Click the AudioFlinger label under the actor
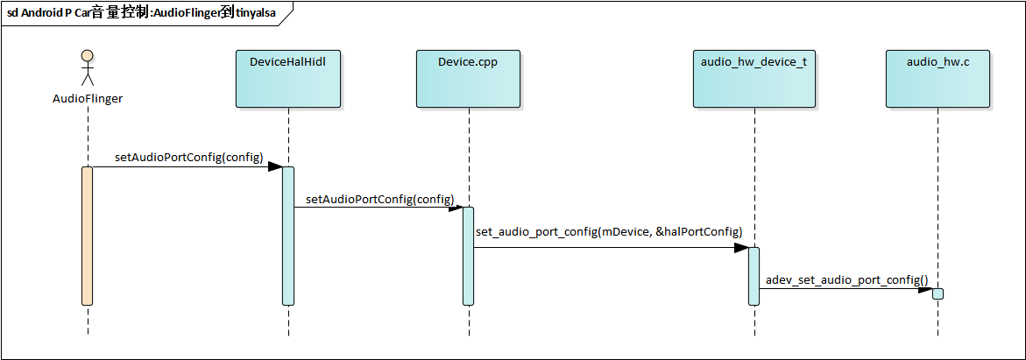point(87,99)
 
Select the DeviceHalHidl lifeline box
point(287,78)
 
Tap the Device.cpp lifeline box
point(468,78)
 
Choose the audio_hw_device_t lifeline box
point(754,78)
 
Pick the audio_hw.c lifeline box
point(938,78)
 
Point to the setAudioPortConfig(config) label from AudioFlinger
point(188,157)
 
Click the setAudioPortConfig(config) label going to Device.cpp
point(380,199)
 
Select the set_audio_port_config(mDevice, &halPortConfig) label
point(609,232)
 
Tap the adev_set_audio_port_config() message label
point(846,280)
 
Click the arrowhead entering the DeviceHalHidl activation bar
point(274,166)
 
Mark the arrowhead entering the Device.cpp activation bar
point(456,208)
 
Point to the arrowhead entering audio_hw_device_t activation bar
point(740,248)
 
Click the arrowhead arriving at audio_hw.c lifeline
point(924,289)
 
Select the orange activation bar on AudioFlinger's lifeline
point(87,236)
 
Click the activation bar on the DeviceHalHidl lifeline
point(287,236)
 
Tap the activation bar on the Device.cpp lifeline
point(468,256)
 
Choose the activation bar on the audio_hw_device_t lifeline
point(754,276)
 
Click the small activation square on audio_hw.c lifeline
point(938,293)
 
